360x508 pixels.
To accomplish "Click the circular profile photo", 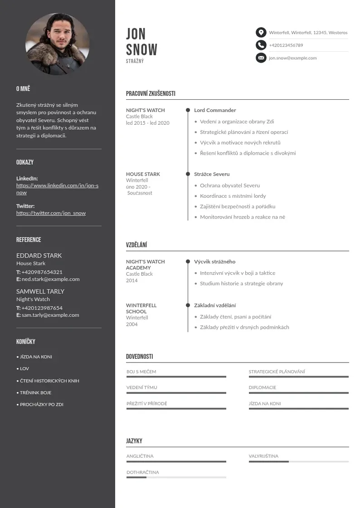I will [57, 44].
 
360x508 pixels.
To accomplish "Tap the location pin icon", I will [261, 32].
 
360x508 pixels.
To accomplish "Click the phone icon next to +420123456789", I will [261, 45].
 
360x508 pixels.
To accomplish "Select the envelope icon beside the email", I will [261, 58].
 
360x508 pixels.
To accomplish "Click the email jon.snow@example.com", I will [292, 58].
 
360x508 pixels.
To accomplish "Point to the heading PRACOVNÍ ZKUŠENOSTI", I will [151, 94].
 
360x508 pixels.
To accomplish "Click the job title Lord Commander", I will [215, 110].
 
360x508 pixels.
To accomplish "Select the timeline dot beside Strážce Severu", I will [188, 174].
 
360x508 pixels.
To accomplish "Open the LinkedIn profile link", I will [57, 189].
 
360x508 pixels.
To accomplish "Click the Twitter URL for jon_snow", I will [51, 213].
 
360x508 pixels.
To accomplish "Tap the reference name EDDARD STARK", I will [39, 255].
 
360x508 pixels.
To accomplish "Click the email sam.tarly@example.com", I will [50, 315].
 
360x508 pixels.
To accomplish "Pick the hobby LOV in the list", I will [24, 369].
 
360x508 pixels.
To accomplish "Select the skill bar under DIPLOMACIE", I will [298, 393].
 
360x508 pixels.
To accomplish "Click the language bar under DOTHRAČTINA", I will [176, 477].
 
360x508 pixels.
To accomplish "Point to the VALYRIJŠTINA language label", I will [263, 456].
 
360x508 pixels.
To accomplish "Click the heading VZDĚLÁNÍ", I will [136, 245].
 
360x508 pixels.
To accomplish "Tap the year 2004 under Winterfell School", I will [132, 324].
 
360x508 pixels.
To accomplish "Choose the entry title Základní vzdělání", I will [215, 305].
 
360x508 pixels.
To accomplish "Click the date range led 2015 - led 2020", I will [148, 123].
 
